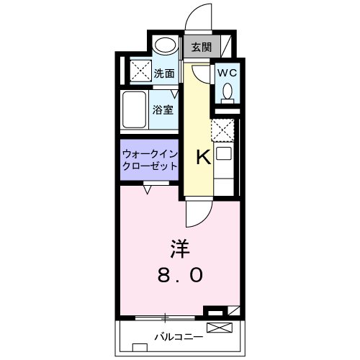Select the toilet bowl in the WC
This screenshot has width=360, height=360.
pos(227,92)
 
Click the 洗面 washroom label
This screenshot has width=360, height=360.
pos(164,72)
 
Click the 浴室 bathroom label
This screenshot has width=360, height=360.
pos(163,109)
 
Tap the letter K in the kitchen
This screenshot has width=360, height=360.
pos(204,157)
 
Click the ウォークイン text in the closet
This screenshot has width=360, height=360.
pos(149,154)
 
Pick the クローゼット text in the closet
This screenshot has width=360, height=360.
pos(149,166)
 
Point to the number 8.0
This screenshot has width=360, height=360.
pos(180,276)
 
